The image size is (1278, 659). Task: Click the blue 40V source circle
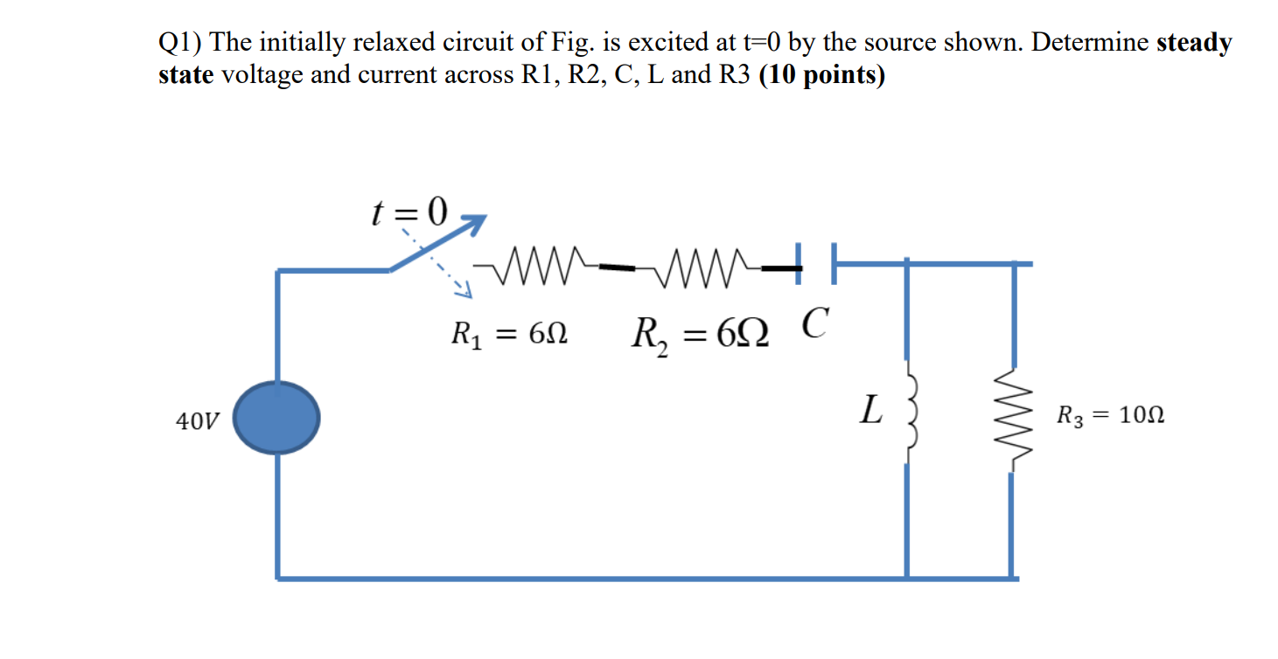point(278,419)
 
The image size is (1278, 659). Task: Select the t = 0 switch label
point(409,211)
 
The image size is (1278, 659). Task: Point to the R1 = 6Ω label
point(509,334)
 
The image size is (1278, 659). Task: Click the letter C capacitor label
point(814,324)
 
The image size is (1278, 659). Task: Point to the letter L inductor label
point(869,410)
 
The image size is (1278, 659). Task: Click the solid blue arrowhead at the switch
point(473,224)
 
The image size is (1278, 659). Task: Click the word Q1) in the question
point(179,42)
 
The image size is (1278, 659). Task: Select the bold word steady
point(1194,42)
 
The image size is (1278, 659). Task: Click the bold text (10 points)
point(822,75)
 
